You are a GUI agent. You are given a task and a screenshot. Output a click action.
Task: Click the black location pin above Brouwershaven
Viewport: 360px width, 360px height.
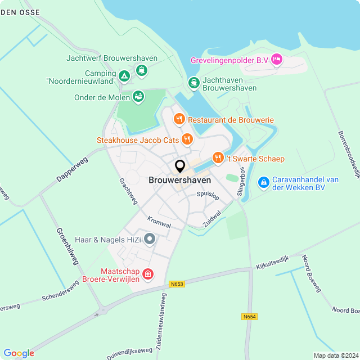(180, 166)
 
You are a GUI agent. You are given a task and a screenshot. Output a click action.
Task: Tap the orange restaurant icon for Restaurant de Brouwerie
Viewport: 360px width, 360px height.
(179, 119)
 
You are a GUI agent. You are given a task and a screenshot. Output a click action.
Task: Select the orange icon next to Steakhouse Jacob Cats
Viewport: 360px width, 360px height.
(187, 139)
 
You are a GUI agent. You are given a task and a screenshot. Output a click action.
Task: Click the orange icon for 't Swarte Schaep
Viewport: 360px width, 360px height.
(218, 159)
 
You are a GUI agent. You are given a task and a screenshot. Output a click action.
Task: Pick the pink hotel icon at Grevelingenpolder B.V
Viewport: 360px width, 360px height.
(276, 59)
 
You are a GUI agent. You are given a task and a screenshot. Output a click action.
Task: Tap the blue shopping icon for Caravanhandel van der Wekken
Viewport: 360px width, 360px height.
(263, 183)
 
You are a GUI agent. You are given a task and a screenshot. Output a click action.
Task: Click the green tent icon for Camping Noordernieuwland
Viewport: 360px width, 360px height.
(124, 76)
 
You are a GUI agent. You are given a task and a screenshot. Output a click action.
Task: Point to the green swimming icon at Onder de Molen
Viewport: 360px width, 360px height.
(138, 97)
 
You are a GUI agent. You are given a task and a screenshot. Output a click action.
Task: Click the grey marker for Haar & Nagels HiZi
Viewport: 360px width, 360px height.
(149, 240)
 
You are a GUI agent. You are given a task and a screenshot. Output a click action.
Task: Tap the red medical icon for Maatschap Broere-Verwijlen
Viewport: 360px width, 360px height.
(147, 274)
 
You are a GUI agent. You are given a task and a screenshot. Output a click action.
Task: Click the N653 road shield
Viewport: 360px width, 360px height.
(177, 285)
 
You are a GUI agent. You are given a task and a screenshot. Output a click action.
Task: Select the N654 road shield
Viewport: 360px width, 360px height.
(250, 317)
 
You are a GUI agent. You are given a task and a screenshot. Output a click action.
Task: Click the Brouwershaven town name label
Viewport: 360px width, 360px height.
(180, 180)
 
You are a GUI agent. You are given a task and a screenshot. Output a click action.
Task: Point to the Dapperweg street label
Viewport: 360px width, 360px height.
(72, 169)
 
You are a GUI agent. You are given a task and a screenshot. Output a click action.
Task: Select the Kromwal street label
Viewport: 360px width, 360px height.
(159, 222)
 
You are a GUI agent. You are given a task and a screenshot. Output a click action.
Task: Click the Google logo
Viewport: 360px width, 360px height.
(19, 353)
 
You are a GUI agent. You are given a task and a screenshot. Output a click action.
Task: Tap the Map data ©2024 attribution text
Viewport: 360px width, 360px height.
(335, 355)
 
